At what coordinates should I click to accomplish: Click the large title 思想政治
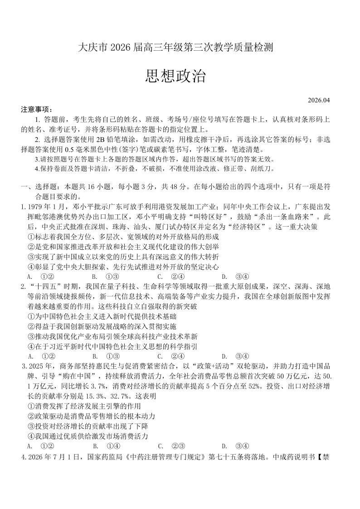[x=175, y=76]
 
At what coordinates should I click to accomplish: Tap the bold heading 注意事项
[x=37, y=110]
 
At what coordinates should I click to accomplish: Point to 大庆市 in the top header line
[x=89, y=47]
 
